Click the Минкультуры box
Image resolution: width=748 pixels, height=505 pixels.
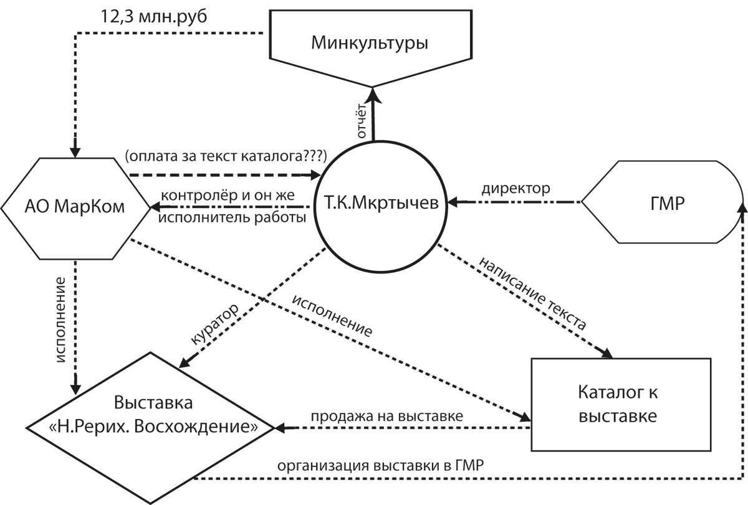coord(370,44)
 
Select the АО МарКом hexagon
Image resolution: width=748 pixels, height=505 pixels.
coord(75,209)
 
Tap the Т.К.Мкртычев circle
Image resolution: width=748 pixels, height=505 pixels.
coord(381,206)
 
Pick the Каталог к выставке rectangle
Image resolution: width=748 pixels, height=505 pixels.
coord(621,405)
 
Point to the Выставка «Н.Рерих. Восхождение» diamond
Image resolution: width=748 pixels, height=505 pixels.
coord(150,428)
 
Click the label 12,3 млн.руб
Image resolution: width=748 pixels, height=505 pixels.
coord(153,17)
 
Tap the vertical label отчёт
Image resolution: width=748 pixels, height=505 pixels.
coord(362,121)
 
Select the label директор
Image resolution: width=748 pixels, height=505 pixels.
coord(515,189)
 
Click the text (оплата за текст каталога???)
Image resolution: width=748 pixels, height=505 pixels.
coord(226,156)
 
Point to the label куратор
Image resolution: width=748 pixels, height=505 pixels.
coord(214,324)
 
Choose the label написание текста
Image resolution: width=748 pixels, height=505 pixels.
coord(532,293)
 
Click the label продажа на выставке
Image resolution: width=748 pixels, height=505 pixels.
coord(387,417)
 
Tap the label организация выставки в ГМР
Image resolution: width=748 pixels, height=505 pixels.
coord(380,466)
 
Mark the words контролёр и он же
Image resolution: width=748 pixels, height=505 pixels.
coord(228,195)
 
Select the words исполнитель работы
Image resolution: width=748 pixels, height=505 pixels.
coord(232,218)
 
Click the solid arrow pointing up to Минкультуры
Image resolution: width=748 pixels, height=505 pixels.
coord(373,114)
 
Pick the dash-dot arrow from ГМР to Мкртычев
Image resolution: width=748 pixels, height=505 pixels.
coord(514,202)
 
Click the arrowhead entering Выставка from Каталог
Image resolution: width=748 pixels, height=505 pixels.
coord(280,428)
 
